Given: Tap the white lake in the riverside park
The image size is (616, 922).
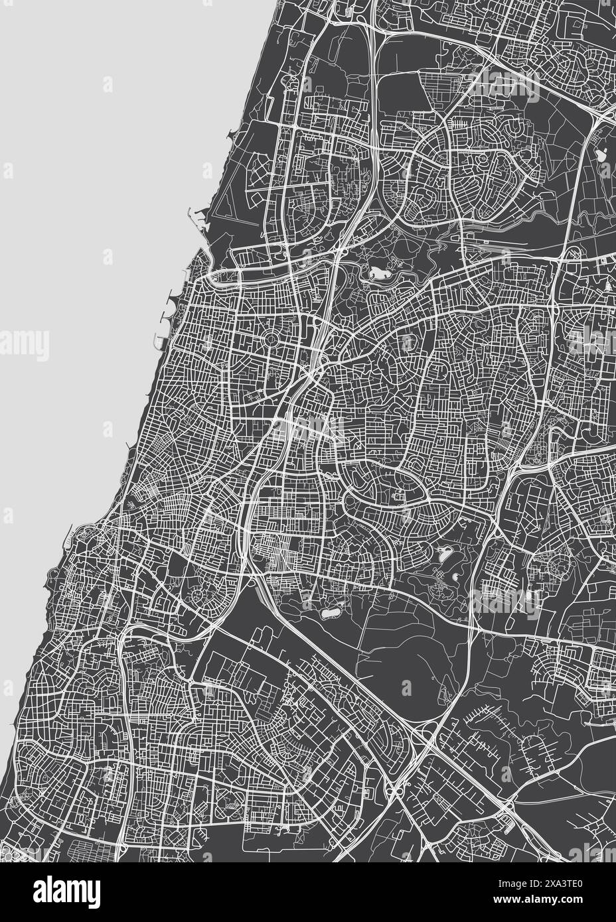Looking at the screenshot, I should point(379,273).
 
